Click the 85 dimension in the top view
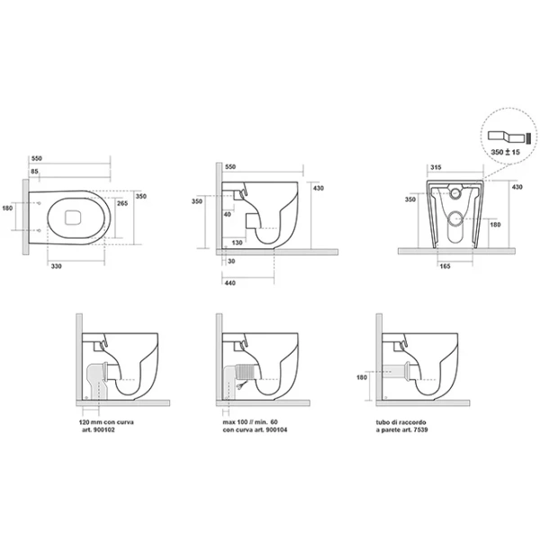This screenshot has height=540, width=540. [x=34, y=171]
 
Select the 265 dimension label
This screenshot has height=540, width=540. [x=122, y=203]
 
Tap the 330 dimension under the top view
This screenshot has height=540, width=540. [x=56, y=266]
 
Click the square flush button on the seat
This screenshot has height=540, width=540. [x=73, y=217]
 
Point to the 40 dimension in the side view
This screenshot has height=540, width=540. [x=228, y=214]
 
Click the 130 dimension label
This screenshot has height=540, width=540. [x=237, y=242]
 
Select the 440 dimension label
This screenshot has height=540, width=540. [x=230, y=283]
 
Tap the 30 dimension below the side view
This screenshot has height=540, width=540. [x=231, y=261]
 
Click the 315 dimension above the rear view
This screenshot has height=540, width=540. [x=436, y=167]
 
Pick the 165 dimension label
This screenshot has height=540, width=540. [x=445, y=266]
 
